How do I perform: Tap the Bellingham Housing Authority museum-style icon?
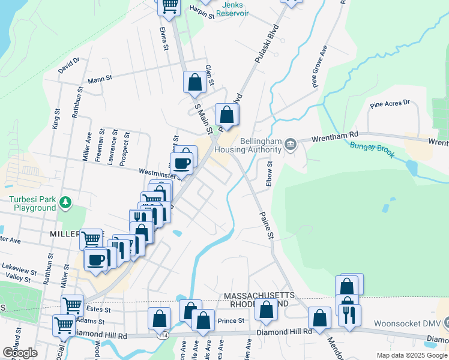(x=291, y=144)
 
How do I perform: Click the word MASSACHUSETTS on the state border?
(x=259, y=296)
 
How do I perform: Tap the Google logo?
(x=20, y=353)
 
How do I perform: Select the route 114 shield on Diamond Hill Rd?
(x=164, y=336)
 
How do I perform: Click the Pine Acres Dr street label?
(x=389, y=104)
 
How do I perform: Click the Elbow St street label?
(x=270, y=173)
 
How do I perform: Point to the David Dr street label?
(x=69, y=65)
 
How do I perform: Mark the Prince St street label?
(x=231, y=320)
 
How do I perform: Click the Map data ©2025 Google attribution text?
(x=411, y=355)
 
